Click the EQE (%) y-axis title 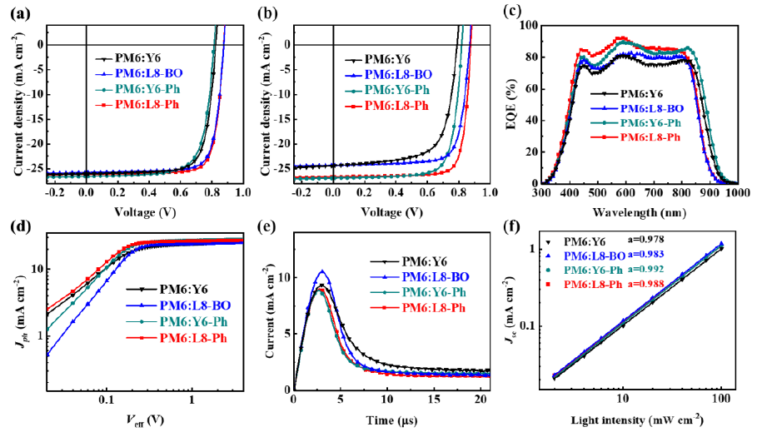[521, 103]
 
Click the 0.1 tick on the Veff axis [107, 400]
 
